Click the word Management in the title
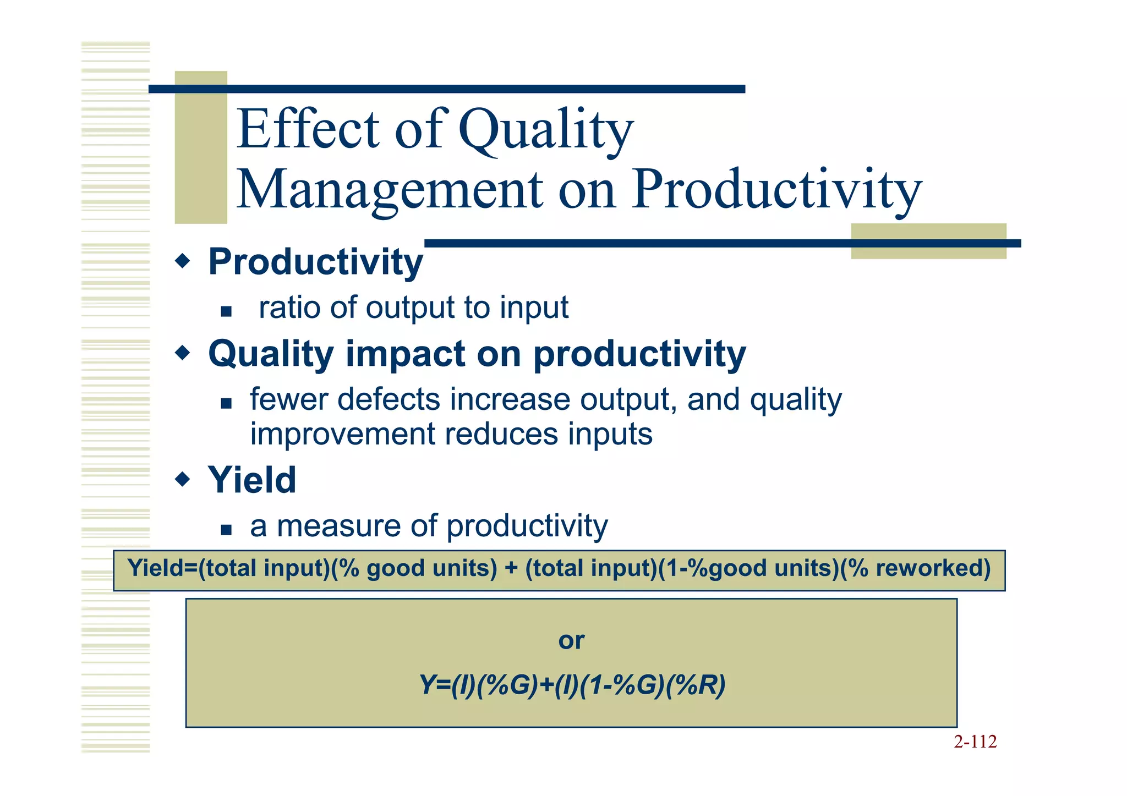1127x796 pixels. pyautogui.click(x=390, y=190)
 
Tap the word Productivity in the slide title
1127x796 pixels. pyautogui.click(x=776, y=190)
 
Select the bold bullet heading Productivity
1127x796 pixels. pyautogui.click(x=315, y=262)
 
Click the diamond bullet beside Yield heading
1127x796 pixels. pyautogui.click(x=182, y=479)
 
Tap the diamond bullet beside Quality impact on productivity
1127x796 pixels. pyautogui.click(x=182, y=353)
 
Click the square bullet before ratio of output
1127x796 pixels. pyautogui.click(x=226, y=312)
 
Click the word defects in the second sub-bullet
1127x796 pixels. pyautogui.click(x=389, y=399)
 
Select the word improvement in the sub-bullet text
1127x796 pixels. pyautogui.click(x=342, y=434)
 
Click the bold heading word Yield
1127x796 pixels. pyautogui.click(x=252, y=480)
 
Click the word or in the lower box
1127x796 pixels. pyautogui.click(x=571, y=640)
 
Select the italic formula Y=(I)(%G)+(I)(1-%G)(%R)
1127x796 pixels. pyautogui.click(x=572, y=685)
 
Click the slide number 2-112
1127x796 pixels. pyautogui.click(x=975, y=742)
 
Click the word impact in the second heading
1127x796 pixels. pyautogui.click(x=405, y=354)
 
